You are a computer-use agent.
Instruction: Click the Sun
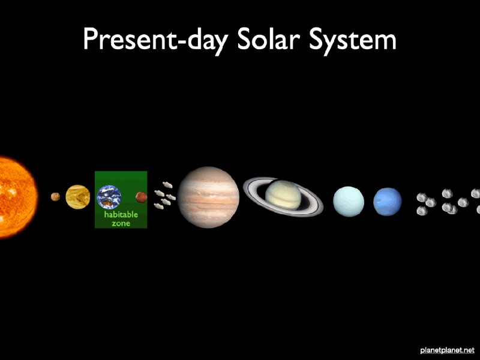(x=17, y=197)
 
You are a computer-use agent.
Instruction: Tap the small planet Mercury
(x=55, y=197)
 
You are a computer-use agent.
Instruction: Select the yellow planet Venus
(x=78, y=197)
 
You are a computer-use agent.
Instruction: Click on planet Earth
(x=109, y=197)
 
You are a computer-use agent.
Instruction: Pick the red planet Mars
(x=141, y=197)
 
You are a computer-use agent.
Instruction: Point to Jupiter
(x=208, y=197)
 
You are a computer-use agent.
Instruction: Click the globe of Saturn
(x=283, y=195)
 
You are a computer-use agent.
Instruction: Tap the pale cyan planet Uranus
(x=349, y=202)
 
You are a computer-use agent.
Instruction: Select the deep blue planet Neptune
(x=388, y=202)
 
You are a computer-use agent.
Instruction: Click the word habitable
(x=121, y=214)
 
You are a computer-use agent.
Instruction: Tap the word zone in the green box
(x=121, y=223)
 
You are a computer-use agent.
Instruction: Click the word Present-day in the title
(x=156, y=40)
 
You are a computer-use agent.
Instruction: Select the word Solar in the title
(x=268, y=38)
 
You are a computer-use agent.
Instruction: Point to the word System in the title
(x=353, y=40)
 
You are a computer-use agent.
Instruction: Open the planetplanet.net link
(x=447, y=350)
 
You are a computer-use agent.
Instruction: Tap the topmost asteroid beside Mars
(x=167, y=185)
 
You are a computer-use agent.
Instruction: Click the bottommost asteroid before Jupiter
(x=158, y=206)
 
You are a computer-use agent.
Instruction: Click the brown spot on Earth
(x=107, y=202)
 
